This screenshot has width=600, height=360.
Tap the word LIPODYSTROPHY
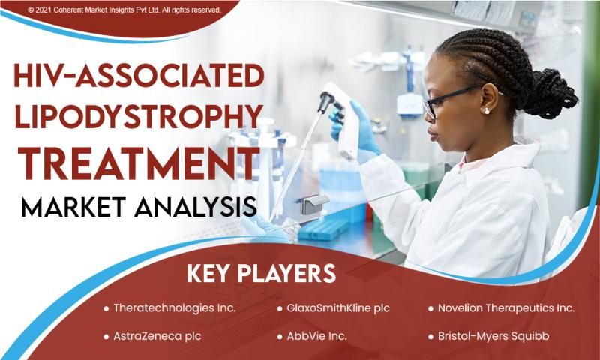(x=139, y=116)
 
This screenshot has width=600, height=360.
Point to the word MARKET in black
(x=73, y=207)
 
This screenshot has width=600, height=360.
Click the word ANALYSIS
(x=196, y=207)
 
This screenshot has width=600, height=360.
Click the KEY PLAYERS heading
(x=261, y=274)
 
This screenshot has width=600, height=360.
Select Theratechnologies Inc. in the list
(x=175, y=308)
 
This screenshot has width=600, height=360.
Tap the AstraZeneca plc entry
(x=157, y=336)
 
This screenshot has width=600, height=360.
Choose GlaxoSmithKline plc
(x=338, y=308)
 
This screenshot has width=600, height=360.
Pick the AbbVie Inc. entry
(x=316, y=336)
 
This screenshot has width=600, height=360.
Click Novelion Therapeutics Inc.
(x=506, y=308)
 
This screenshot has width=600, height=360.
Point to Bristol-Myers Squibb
(x=493, y=336)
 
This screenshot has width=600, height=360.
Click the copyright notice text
(x=124, y=10)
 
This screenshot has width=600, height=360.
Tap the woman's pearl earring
(x=487, y=111)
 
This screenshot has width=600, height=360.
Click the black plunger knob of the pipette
(x=326, y=100)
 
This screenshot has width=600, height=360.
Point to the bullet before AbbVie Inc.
(x=280, y=337)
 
